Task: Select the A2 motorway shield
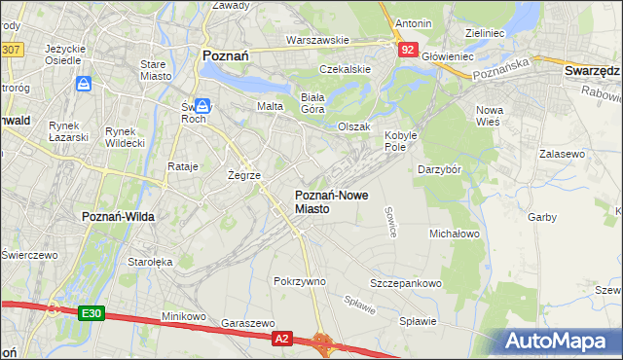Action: pyautogui.click(x=281, y=338)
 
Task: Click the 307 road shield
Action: pyautogui.click(x=11, y=49)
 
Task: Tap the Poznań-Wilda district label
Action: pyautogui.click(x=114, y=216)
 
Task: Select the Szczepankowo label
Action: pyautogui.click(x=406, y=283)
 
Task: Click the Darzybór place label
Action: pyautogui.click(x=445, y=169)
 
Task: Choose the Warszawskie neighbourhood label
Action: pyautogui.click(x=317, y=41)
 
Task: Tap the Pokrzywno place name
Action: pyautogui.click(x=300, y=281)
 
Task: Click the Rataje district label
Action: pyautogui.click(x=183, y=166)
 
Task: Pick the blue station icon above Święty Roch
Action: pyautogui.click(x=202, y=105)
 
